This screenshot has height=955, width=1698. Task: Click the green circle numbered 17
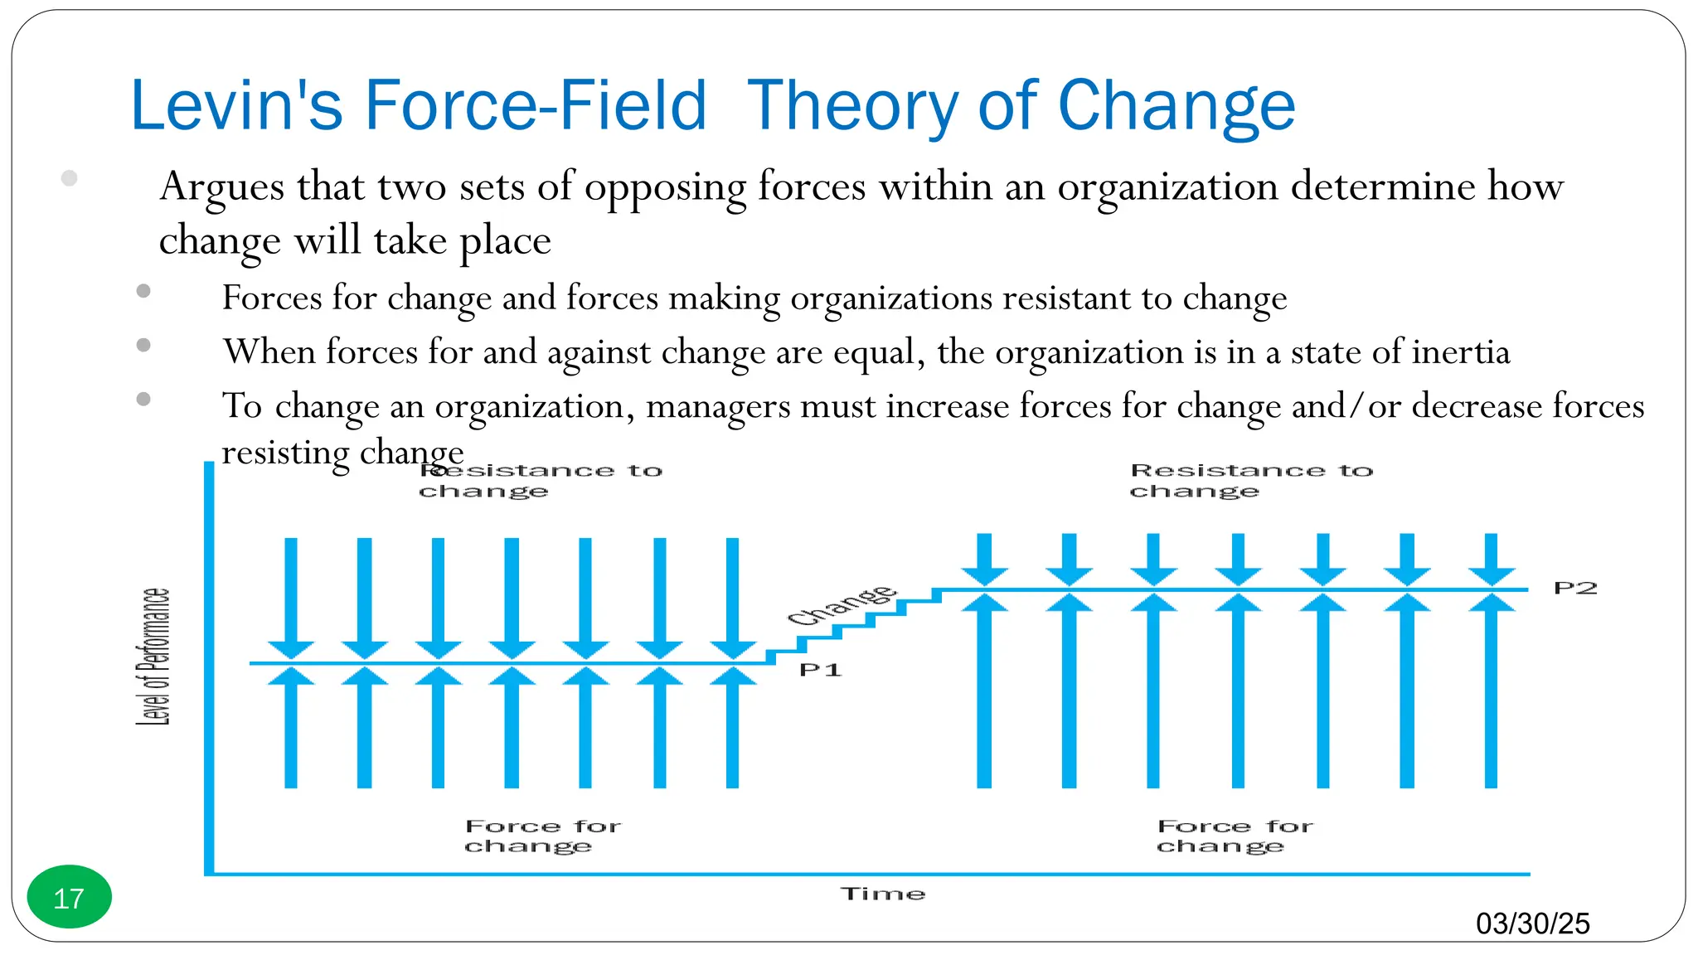coord(69,897)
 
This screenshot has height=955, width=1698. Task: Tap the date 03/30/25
coord(1532,923)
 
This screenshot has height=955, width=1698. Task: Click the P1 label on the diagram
coord(820,670)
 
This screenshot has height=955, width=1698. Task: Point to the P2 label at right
coord(1574,589)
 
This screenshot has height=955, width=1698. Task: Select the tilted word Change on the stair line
coord(841,605)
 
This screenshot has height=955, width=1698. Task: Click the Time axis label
coord(882,894)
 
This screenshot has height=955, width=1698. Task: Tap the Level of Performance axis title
coord(153,657)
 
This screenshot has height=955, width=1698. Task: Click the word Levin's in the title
coord(236,105)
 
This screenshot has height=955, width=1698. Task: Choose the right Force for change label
coord(1234,836)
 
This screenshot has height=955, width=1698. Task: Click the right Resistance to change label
coord(1250,481)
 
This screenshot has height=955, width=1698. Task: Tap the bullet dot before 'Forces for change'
coord(143,291)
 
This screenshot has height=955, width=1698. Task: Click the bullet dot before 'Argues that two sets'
coord(70,178)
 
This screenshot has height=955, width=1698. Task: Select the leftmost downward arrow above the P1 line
coord(291,597)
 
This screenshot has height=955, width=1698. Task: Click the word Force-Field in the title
coord(535,105)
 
